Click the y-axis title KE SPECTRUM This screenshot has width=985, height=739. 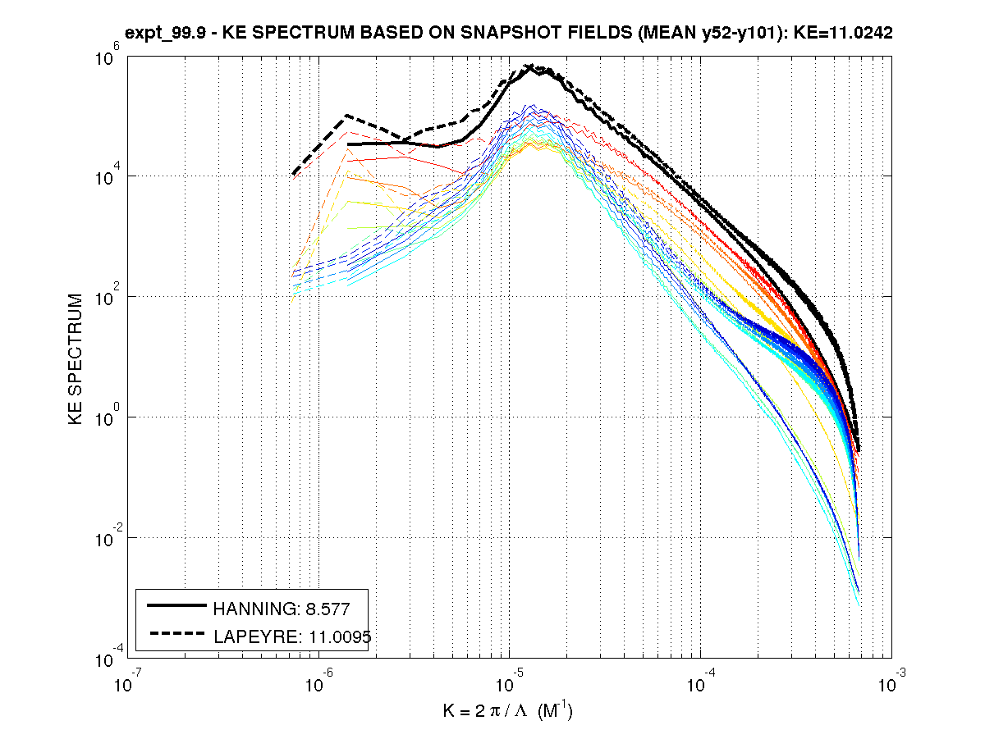click(76, 359)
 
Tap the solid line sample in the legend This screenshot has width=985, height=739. click(176, 607)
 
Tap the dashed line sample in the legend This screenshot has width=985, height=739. click(176, 634)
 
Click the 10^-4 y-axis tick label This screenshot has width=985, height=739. click(109, 656)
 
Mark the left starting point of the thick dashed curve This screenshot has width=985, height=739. click(294, 174)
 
